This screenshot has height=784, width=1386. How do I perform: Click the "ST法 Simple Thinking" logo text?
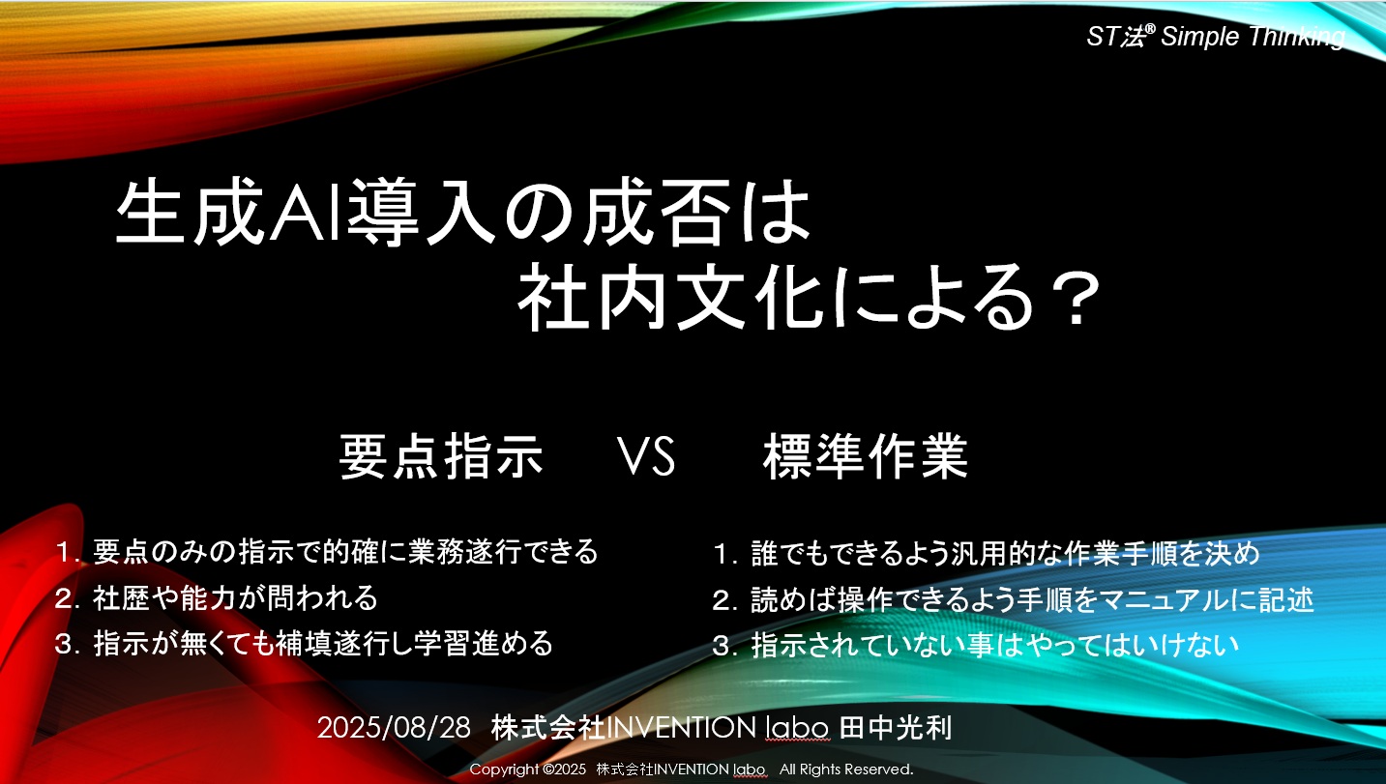click(x=1216, y=37)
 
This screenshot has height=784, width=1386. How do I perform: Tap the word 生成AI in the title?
click(x=229, y=212)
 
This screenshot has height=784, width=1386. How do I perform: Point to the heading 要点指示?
click(x=441, y=456)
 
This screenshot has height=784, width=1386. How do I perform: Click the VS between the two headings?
click(x=647, y=456)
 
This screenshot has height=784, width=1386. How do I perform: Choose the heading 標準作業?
click(x=866, y=456)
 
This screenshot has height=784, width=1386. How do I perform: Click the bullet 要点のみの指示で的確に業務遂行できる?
click(x=327, y=552)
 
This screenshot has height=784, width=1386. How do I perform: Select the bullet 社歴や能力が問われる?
click(x=216, y=597)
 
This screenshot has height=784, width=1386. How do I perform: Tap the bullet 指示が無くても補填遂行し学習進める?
click(x=304, y=644)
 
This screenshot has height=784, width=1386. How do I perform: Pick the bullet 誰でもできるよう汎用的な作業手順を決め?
click(x=987, y=553)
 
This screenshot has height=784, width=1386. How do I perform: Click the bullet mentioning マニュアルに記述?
click(x=1013, y=599)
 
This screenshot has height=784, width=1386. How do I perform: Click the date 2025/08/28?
click(x=394, y=727)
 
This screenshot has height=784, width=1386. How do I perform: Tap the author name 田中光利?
click(x=896, y=727)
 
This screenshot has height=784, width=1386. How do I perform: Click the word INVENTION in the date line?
click(x=681, y=727)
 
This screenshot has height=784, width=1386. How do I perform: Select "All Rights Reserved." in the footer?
click(x=846, y=769)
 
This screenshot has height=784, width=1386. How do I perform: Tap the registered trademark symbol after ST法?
click(x=1150, y=28)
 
